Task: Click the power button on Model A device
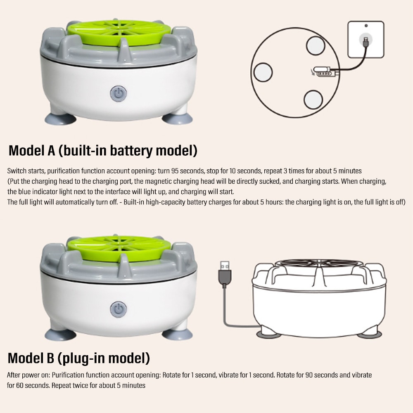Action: (x=119, y=94)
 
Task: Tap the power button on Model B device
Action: (x=119, y=309)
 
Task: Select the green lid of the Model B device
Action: (x=119, y=245)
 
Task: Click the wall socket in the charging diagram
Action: (x=366, y=40)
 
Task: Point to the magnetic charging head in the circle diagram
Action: (x=324, y=73)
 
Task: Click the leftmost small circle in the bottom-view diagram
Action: (x=263, y=73)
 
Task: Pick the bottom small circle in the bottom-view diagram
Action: (x=313, y=100)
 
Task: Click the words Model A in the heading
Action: (x=31, y=151)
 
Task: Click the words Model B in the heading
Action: (x=31, y=358)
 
